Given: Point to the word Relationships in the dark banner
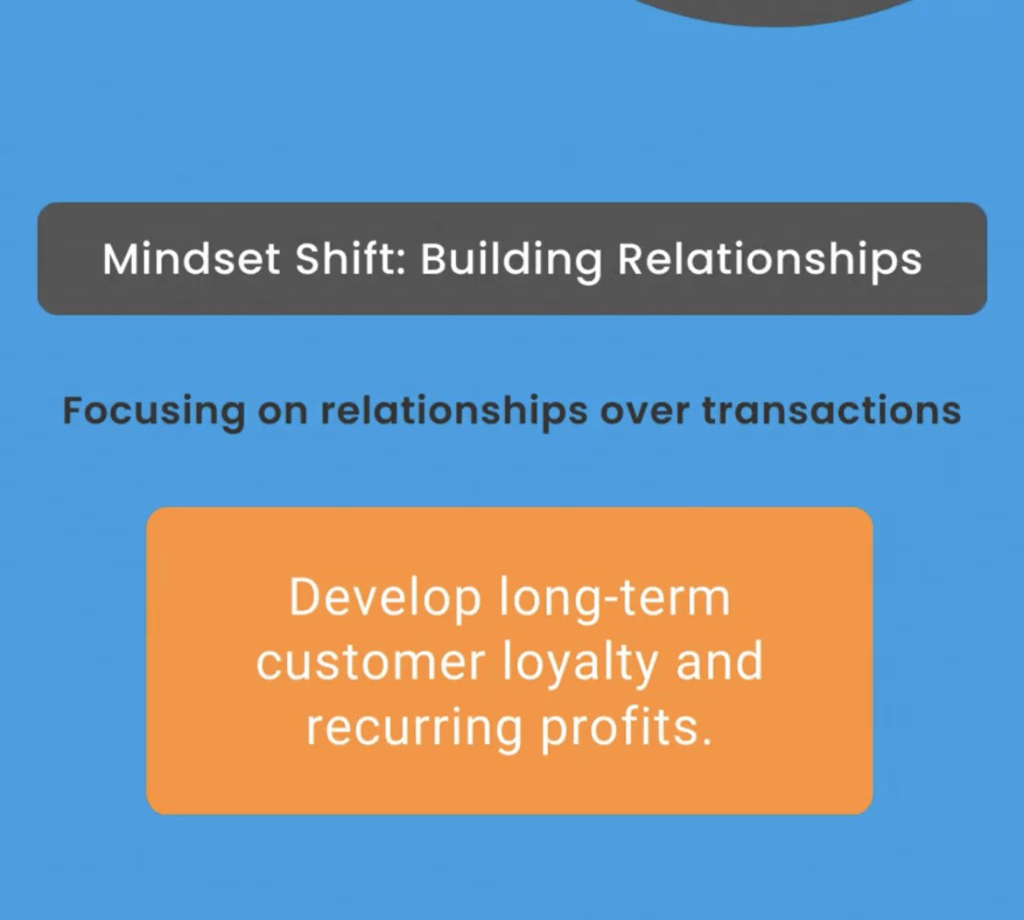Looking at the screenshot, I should (770, 260).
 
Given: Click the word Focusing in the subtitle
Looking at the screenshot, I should (153, 410).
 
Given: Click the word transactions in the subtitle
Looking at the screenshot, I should (831, 410).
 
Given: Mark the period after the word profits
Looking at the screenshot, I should (705, 742).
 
